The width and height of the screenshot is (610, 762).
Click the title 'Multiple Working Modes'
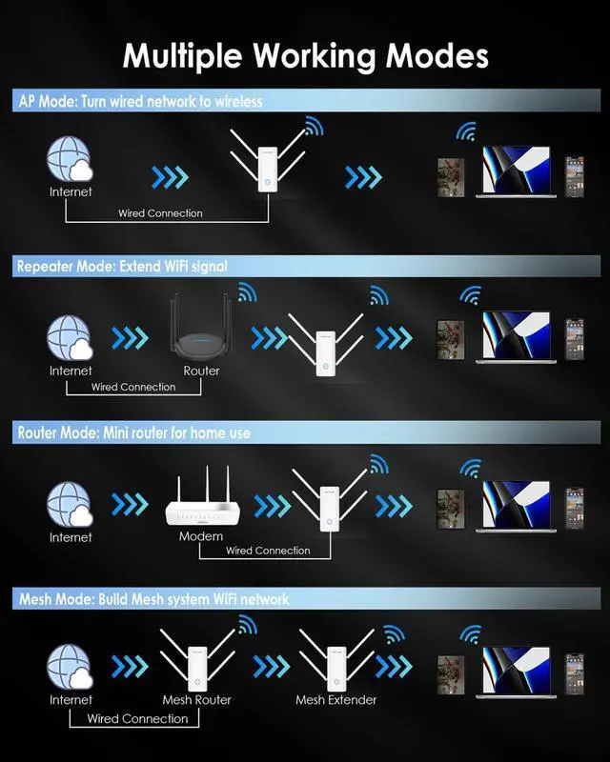(305, 55)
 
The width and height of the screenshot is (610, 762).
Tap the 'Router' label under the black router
(201, 371)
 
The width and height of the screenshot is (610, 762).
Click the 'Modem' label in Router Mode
(201, 536)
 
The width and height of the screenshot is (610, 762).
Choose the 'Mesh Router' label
(197, 700)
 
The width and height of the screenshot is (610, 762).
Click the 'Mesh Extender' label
(335, 700)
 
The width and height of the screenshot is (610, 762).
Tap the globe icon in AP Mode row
(71, 160)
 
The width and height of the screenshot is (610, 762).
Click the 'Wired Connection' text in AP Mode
(160, 213)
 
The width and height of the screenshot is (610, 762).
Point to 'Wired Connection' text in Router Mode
(268, 551)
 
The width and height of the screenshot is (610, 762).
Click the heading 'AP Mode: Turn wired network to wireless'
(140, 100)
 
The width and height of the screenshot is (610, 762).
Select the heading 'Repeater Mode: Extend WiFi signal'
(122, 267)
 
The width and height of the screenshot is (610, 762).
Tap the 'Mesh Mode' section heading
(152, 599)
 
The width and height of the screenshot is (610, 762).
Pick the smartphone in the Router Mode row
(574, 507)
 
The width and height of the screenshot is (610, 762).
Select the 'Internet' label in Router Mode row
(71, 537)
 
